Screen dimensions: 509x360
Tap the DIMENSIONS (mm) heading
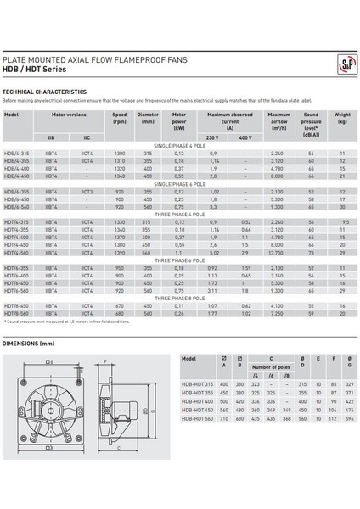[x=28, y=344]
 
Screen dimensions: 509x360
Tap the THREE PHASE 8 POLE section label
[x=179, y=299]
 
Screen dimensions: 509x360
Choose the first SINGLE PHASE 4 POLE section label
[x=179, y=146]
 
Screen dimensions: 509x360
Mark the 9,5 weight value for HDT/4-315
[x=343, y=221]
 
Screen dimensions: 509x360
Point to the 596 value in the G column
[x=349, y=418]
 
